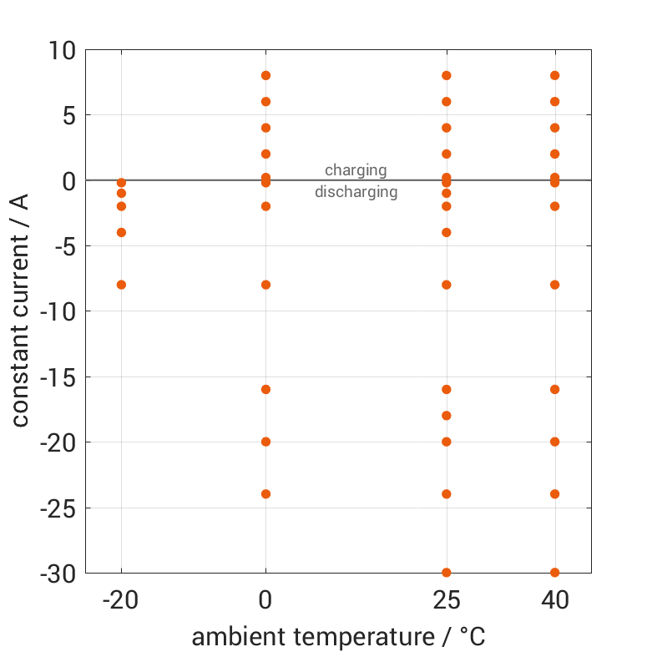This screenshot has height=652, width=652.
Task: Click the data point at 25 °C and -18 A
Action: coord(447,416)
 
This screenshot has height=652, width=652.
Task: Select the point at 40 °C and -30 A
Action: coord(554,573)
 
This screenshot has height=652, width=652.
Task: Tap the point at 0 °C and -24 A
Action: coord(265,494)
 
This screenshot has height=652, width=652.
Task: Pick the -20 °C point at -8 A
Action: coord(121,285)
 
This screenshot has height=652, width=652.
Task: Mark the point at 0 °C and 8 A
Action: coord(265,75)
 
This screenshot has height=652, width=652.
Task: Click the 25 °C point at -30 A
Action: coord(447,573)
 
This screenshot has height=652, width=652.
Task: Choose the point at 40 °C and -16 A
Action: coord(554,390)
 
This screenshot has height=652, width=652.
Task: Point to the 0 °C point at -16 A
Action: coord(265,390)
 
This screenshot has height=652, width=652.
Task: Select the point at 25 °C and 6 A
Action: coord(447,102)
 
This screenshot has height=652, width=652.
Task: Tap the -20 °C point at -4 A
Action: coord(121,232)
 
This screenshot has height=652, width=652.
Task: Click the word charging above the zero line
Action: coord(356,170)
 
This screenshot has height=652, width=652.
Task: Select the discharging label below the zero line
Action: coord(356,192)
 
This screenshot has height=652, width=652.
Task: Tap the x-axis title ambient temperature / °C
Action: coord(338,638)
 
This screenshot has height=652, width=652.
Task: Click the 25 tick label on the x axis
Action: coord(447,600)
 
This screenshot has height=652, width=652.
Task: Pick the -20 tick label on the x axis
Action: coord(121,600)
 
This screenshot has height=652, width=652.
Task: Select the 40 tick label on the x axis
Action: coord(554,600)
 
